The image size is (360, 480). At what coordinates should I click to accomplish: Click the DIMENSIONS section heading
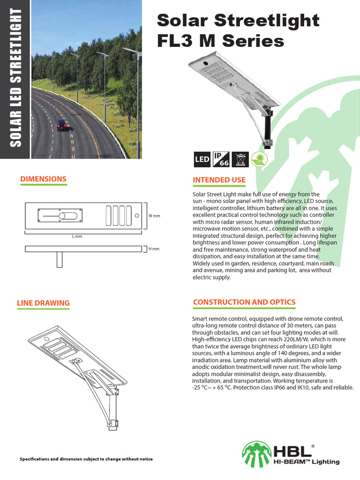tap(43, 179)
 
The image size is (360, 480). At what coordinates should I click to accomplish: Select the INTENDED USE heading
tap(219, 180)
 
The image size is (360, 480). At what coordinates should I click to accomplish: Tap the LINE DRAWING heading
tap(43, 303)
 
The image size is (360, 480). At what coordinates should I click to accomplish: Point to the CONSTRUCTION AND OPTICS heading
tap(244, 302)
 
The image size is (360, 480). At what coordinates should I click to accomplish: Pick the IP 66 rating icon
tap(219, 159)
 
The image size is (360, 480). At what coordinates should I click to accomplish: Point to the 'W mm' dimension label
tap(154, 216)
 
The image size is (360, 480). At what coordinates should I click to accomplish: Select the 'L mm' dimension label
tap(77, 237)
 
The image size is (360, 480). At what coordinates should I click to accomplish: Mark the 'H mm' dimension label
tap(154, 249)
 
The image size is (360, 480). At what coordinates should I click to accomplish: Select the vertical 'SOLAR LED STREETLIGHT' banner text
tap(16, 80)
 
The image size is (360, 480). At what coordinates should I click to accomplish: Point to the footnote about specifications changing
tap(86, 458)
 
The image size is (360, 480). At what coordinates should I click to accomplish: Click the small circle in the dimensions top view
tap(137, 216)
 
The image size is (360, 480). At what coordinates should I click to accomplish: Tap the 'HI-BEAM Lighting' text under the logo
tap(307, 462)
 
